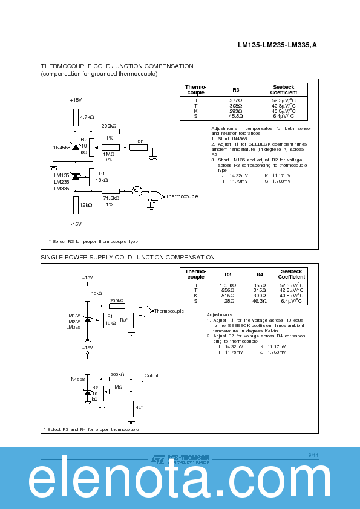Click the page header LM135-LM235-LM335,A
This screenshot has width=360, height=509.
[x=278, y=45]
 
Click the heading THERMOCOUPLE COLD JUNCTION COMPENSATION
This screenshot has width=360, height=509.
[x=117, y=66]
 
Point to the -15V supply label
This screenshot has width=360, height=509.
[x=75, y=224]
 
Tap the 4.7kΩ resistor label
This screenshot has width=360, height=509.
[x=87, y=117]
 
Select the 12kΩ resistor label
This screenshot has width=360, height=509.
[x=86, y=205]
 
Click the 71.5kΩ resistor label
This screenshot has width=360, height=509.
[x=111, y=198]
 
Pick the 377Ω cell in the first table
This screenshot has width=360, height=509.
[x=236, y=100]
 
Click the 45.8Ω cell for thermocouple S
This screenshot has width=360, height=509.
[x=236, y=116]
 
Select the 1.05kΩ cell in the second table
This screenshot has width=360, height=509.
[x=227, y=285]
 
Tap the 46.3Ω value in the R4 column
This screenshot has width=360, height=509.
[x=260, y=300]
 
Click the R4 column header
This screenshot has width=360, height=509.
[x=260, y=274]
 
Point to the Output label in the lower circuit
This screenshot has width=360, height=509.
[x=151, y=375]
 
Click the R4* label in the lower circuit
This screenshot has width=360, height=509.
[x=139, y=407]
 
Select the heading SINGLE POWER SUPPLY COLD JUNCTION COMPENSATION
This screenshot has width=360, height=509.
[x=127, y=257]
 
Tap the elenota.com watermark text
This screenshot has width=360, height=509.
[x=180, y=482]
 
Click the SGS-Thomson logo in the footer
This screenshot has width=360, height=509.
[x=180, y=459]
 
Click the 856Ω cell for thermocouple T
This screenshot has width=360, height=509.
[x=227, y=290]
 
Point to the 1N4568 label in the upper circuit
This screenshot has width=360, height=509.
[x=62, y=147]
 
